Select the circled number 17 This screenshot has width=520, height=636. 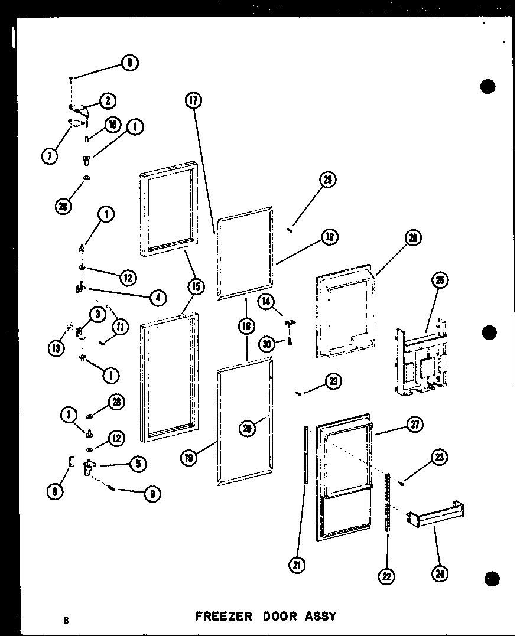(193, 100)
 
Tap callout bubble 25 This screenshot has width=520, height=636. (439, 281)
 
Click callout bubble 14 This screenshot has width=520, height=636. (266, 301)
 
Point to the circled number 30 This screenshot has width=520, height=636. (266, 343)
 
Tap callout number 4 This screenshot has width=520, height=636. (157, 298)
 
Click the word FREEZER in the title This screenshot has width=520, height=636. (223, 617)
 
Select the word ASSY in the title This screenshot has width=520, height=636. (320, 617)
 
